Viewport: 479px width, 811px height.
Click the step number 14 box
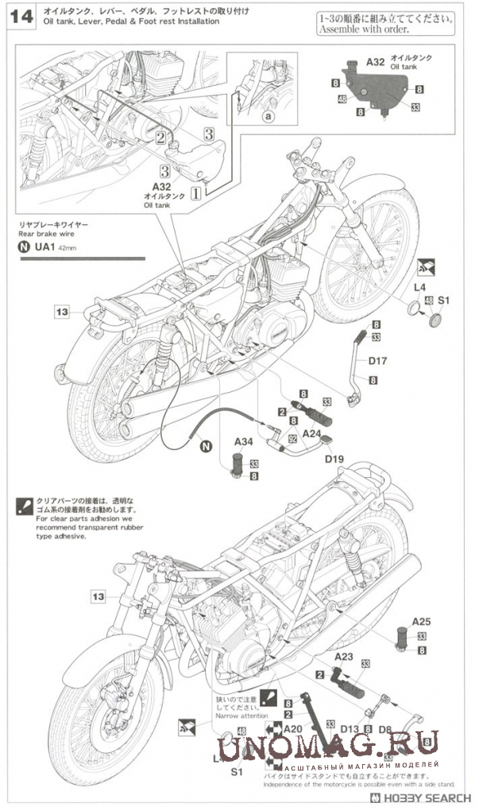[x=22, y=17]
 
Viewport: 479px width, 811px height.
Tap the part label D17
[x=377, y=361]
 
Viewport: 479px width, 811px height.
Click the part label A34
[x=243, y=442]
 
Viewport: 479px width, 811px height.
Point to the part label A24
[x=311, y=435]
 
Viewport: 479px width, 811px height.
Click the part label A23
[x=343, y=656]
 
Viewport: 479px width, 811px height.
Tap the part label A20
[x=294, y=728]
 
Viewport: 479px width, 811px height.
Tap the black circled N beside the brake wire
[x=206, y=447]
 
